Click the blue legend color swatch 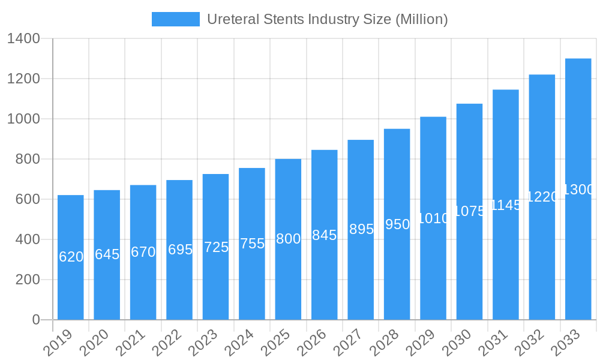pos(175,19)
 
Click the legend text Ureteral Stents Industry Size pos(327,19)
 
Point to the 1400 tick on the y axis pos(23,39)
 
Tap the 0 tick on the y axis pos(35,320)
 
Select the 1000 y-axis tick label pos(23,119)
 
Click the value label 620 pos(71,257)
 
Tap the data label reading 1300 pos(578,190)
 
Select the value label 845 pos(325,235)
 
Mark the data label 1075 pos(469,211)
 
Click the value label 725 pos(216,247)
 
